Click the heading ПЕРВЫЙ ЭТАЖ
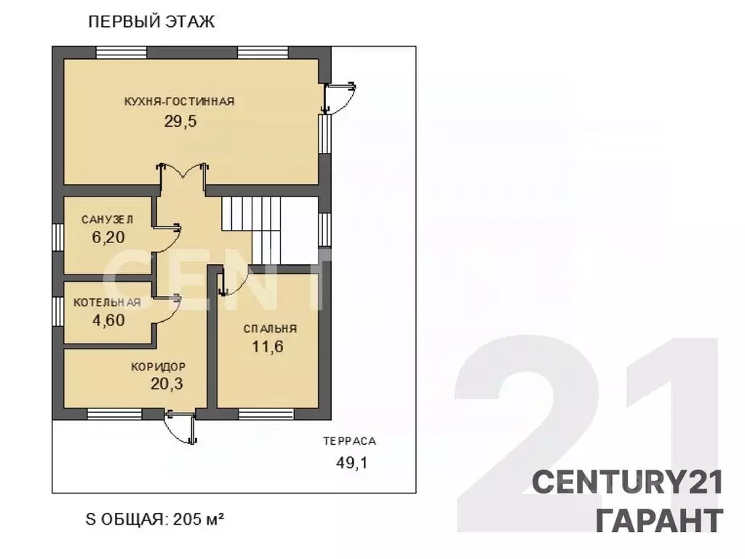coord(151,22)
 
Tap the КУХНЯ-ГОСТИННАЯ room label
coord(180,101)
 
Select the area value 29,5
coord(180,122)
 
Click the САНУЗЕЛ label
coord(108,220)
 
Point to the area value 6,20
coord(108,237)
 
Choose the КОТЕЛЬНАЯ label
coord(108,303)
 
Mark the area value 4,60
coord(108,320)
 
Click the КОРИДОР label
coord(158,367)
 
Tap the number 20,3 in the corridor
coord(167,384)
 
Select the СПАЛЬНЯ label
coord(270,329)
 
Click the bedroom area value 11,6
coord(268,346)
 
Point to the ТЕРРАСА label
coord(350,441)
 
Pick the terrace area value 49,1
coord(352,462)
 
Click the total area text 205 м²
coord(199,519)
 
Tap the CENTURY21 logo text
coord(628,482)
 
